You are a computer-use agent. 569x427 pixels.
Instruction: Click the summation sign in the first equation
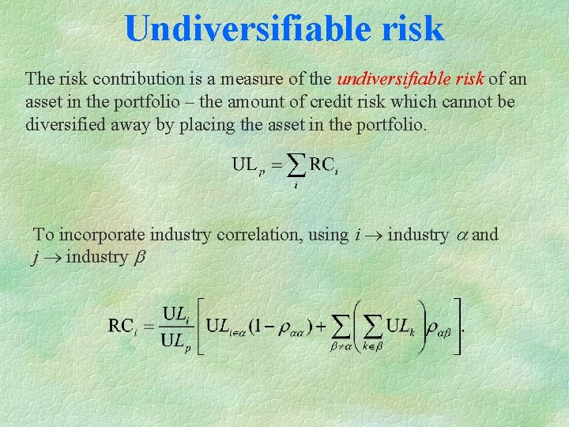296,166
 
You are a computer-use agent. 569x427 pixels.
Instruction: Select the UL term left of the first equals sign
246,165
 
